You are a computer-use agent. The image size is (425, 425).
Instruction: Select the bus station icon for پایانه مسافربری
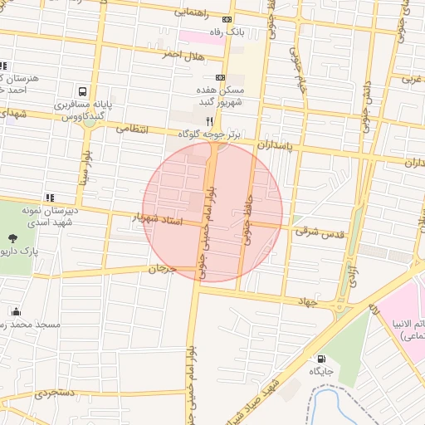[x=82, y=91]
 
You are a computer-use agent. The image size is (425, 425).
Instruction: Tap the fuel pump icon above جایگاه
[x=320, y=359]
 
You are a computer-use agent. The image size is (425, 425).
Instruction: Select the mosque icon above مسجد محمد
[x=16, y=311]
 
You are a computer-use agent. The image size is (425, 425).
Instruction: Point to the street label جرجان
[x=163, y=269]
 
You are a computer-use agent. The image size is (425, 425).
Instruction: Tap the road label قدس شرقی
[x=319, y=232]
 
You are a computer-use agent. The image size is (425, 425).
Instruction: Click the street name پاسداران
[x=276, y=144]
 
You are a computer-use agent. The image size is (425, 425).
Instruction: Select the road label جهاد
[x=309, y=303]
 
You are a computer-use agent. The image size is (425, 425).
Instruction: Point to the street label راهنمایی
[x=196, y=13]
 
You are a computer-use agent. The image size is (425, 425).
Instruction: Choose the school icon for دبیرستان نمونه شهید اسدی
[x=49, y=198]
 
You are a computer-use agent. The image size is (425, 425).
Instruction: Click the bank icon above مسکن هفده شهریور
[x=220, y=77]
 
